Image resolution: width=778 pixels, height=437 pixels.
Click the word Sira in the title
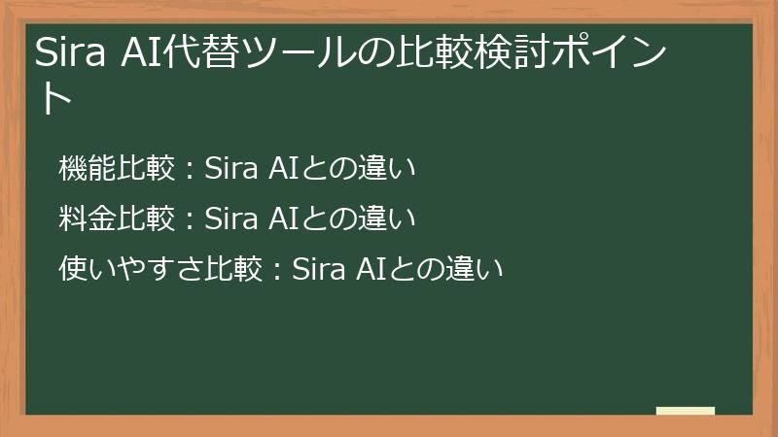[70, 53]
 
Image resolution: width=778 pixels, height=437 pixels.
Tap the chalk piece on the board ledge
[686, 411]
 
